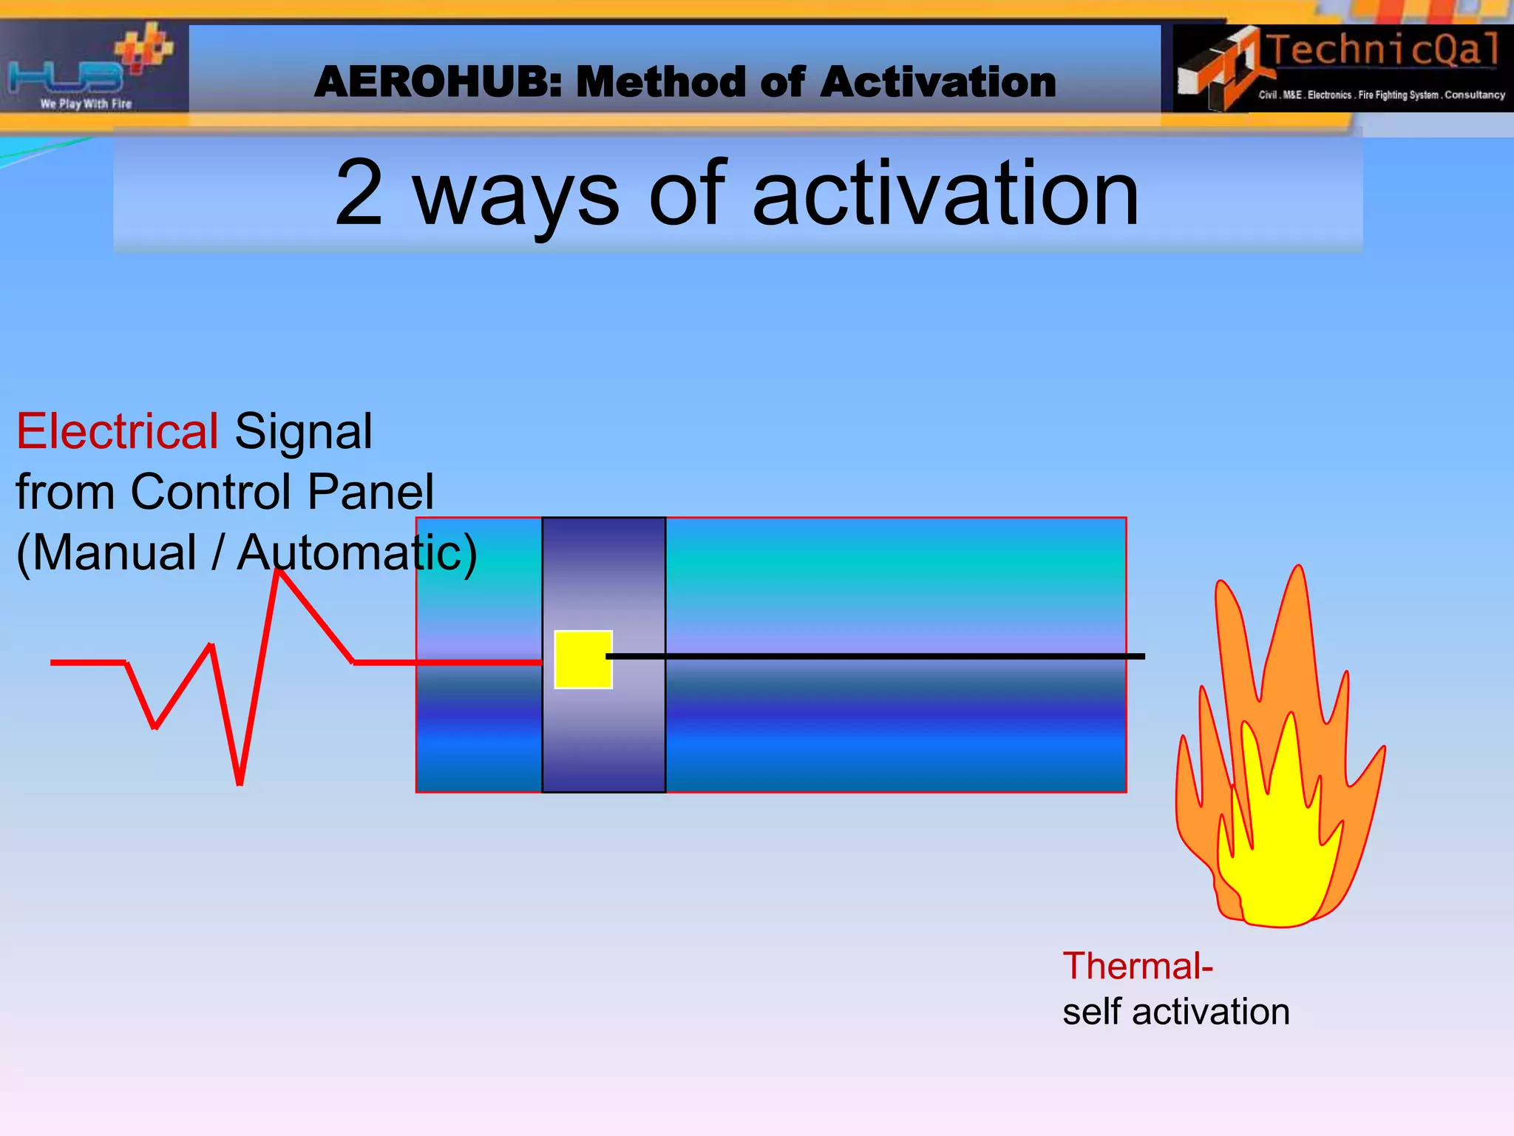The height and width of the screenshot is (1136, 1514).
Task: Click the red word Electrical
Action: pyautogui.click(x=117, y=431)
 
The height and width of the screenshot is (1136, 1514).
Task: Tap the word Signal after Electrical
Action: pyautogui.click(x=303, y=431)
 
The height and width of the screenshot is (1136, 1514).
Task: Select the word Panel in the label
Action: pyautogui.click(x=370, y=492)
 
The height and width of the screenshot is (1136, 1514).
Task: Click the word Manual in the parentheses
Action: pyautogui.click(x=115, y=552)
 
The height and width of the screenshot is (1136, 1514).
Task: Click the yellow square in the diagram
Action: pyautogui.click(x=583, y=659)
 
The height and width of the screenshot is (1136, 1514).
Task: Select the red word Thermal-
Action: pyautogui.click(x=1137, y=966)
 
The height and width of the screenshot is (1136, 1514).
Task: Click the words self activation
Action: pyautogui.click(x=1175, y=1012)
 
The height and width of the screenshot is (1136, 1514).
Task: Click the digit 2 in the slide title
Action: pyautogui.click(x=359, y=194)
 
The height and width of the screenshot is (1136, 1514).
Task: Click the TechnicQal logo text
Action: pyautogui.click(x=1383, y=50)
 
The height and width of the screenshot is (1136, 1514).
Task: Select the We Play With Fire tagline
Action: pyautogui.click(x=86, y=104)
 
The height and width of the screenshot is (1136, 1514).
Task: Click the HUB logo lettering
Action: pyautogui.click(x=67, y=75)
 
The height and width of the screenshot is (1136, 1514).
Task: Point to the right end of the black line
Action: pyautogui.click(x=1143, y=656)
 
